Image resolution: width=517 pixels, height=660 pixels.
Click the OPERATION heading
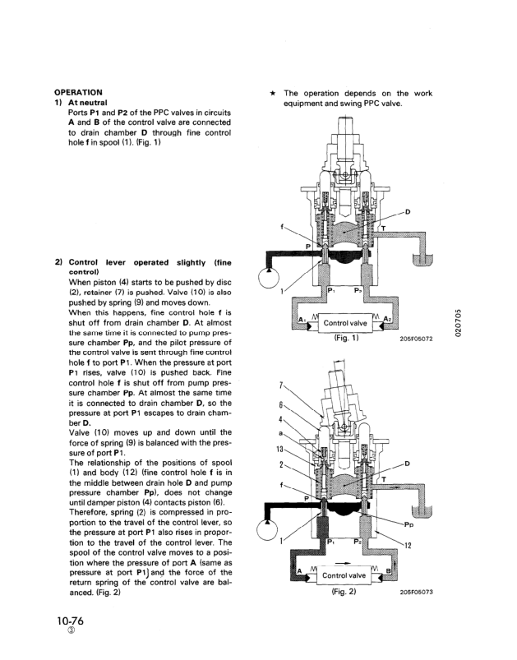pyautogui.click(x=78, y=92)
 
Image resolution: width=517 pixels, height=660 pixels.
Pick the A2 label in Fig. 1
pyautogui.click(x=387, y=321)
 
